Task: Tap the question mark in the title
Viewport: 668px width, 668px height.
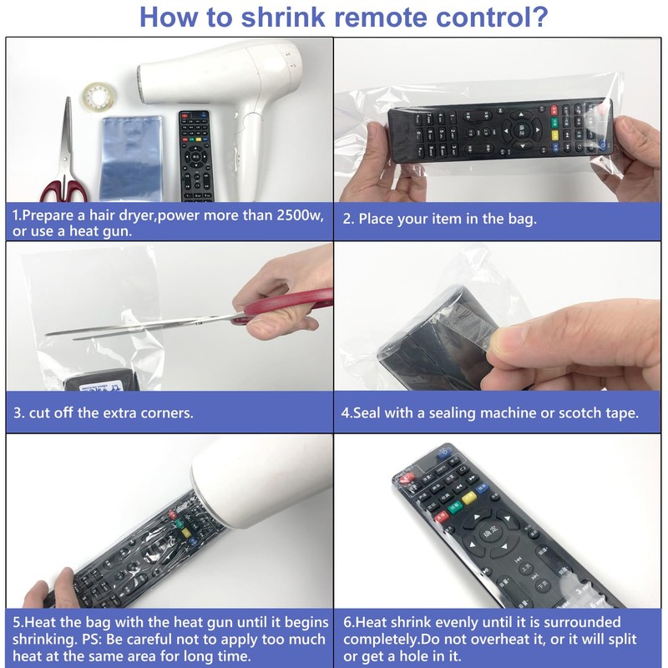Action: [x=539, y=16]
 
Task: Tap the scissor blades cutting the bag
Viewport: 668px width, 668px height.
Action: [x=134, y=327]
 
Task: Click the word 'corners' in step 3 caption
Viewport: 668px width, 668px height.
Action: [x=157, y=412]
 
